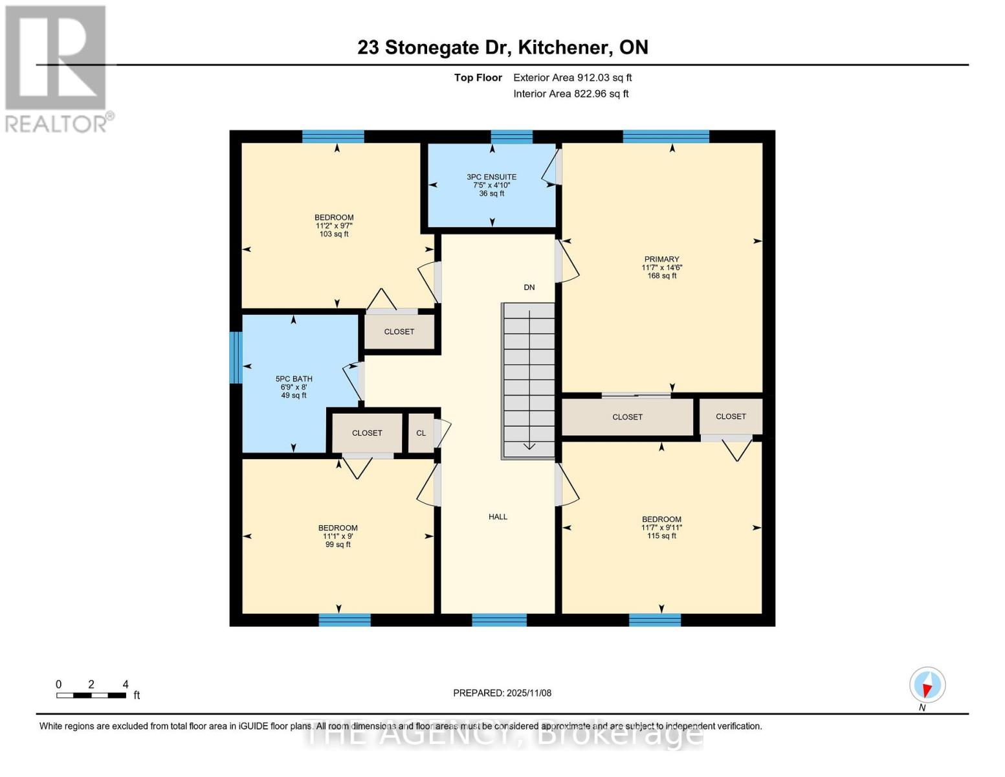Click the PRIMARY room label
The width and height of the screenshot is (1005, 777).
pyautogui.click(x=661, y=259)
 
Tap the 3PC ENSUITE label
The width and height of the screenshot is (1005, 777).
pyautogui.click(x=492, y=177)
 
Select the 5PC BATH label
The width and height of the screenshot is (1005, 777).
pyautogui.click(x=294, y=379)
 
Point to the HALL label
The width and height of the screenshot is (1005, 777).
pyautogui.click(x=498, y=517)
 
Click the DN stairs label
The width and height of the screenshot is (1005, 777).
pyautogui.click(x=529, y=287)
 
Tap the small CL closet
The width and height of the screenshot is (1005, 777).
pyautogui.click(x=421, y=433)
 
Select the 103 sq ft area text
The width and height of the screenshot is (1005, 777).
pyautogui.click(x=334, y=234)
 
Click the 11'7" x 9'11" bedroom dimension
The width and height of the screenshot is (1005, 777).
pyautogui.click(x=661, y=528)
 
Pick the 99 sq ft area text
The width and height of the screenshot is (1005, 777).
pyautogui.click(x=338, y=545)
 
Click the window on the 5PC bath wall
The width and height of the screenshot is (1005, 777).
pyautogui.click(x=236, y=357)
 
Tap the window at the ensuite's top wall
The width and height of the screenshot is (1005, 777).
pyautogui.click(x=511, y=137)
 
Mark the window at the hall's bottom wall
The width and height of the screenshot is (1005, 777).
pyautogui.click(x=499, y=620)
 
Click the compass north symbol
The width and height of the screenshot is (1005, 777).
pyautogui.click(x=927, y=685)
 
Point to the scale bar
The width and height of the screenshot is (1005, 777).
pyautogui.click(x=91, y=695)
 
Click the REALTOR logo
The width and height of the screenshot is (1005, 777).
pyautogui.click(x=57, y=69)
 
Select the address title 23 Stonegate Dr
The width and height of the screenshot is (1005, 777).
pyautogui.click(x=503, y=47)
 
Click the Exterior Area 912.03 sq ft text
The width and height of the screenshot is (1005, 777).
pyautogui.click(x=572, y=78)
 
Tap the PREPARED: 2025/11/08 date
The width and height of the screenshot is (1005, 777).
pyautogui.click(x=502, y=693)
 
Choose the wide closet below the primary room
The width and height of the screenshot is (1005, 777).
pyautogui.click(x=627, y=417)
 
